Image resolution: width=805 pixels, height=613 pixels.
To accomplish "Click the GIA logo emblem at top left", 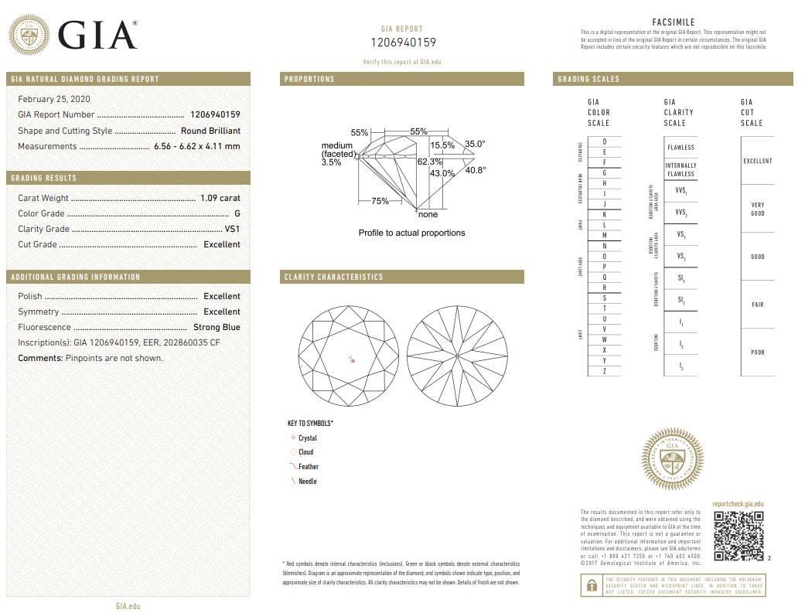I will tap(30, 36).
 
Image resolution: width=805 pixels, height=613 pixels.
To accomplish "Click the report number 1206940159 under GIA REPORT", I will tap(404, 43).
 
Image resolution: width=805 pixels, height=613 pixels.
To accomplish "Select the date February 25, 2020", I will tap(54, 99).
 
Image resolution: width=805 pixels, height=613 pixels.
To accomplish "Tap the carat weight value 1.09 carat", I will tap(220, 198).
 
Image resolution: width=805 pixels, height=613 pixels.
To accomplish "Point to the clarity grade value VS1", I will tap(232, 229).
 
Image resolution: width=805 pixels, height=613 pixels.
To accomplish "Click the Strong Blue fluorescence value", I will tap(217, 327).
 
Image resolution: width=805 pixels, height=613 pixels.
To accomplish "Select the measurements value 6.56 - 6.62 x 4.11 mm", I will tap(196, 146).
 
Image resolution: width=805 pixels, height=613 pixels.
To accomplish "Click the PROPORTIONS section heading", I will tap(309, 79).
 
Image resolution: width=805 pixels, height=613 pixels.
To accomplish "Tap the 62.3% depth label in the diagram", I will tap(429, 162).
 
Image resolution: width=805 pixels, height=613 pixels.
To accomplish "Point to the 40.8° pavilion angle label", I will tap(475, 170).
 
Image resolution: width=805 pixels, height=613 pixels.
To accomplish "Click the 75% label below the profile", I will tap(380, 201).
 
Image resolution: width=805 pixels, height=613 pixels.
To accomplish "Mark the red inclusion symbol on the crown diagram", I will tap(352, 359).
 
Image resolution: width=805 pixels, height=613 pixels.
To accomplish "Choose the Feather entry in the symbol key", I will tap(308, 467).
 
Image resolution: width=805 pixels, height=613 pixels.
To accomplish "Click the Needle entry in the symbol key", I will tap(307, 482).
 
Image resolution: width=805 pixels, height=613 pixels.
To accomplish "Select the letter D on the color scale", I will tap(604, 142).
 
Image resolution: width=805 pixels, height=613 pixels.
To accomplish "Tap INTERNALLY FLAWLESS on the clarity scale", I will tap(680, 170).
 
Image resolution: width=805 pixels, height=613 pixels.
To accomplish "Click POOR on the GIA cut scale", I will tap(757, 352).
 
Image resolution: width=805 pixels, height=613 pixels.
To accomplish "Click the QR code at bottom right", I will tap(738, 536).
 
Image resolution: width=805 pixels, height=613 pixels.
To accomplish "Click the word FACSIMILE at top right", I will tap(674, 22).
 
